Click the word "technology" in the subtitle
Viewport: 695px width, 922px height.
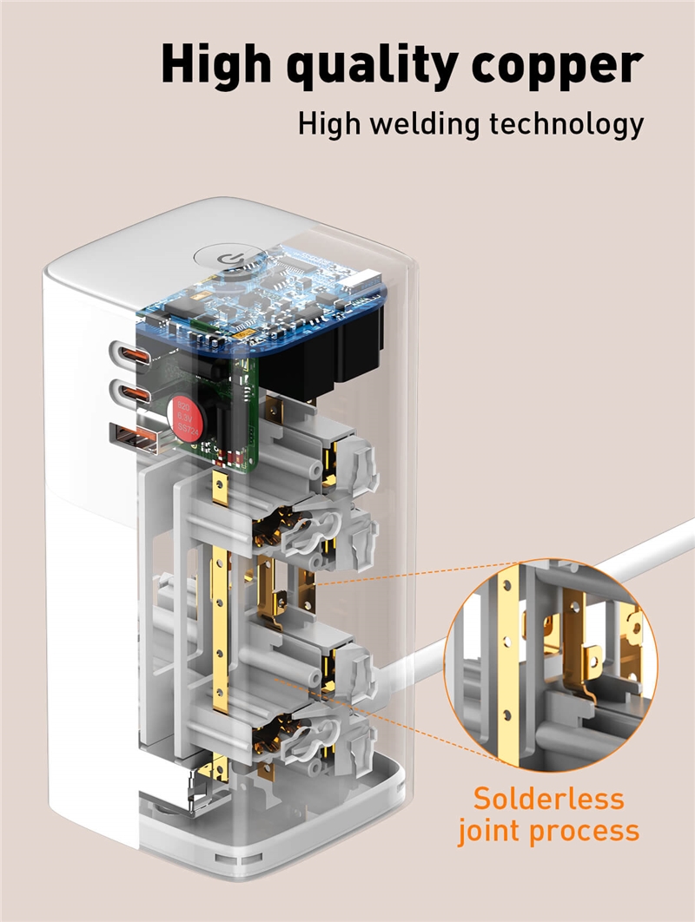[566, 124]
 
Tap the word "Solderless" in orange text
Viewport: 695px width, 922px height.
[548, 798]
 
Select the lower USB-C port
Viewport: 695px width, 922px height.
[128, 392]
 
